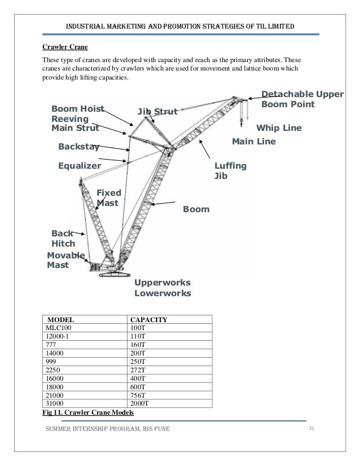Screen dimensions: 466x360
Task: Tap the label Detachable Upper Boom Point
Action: pyautogui.click(x=302, y=99)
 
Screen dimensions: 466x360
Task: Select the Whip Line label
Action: pyautogui.click(x=279, y=128)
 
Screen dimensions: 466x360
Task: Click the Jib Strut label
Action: pyautogui.click(x=157, y=112)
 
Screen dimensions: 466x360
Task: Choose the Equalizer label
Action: pyautogui.click(x=80, y=166)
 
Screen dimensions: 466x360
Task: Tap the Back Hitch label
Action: pyautogui.click(x=62, y=239)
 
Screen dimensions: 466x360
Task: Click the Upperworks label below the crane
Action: pyautogui.click(x=162, y=283)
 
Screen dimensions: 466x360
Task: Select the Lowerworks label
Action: pyautogui.click(x=163, y=294)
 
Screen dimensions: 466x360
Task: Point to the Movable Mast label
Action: pyautogui.click(x=65, y=261)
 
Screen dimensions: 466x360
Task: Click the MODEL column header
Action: pyautogui.click(x=60, y=319)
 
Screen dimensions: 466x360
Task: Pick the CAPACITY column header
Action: pyautogui.click(x=148, y=319)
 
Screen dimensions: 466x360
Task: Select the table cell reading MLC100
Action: pyautogui.click(x=56, y=327)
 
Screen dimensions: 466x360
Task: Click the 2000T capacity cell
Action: pyautogui.click(x=141, y=403)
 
